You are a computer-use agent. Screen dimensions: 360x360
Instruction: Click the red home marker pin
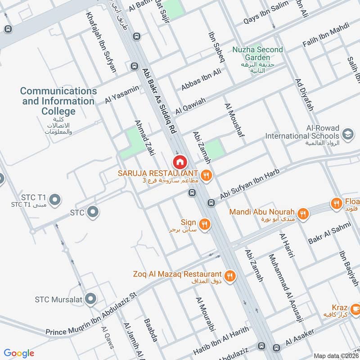[x=180, y=162]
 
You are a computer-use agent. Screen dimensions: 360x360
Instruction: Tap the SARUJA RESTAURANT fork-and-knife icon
[x=206, y=175]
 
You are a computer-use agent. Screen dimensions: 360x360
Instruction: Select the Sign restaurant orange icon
[x=205, y=224]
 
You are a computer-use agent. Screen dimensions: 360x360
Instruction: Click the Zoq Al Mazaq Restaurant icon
[x=230, y=275]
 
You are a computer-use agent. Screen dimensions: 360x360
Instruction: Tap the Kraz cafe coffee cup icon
[x=355, y=309]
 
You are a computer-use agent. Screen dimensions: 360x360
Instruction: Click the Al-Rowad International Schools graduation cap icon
[x=347, y=134]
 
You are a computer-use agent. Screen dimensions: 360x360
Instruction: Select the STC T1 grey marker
[x=55, y=199]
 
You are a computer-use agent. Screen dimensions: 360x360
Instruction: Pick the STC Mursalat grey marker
[x=91, y=298]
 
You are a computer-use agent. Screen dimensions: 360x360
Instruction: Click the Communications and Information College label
[x=58, y=101]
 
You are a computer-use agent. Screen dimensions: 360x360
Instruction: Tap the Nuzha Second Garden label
[x=257, y=53]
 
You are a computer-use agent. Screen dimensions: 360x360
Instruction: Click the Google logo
[x=19, y=353]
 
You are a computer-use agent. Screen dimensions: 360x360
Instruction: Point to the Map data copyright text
[x=335, y=356]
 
